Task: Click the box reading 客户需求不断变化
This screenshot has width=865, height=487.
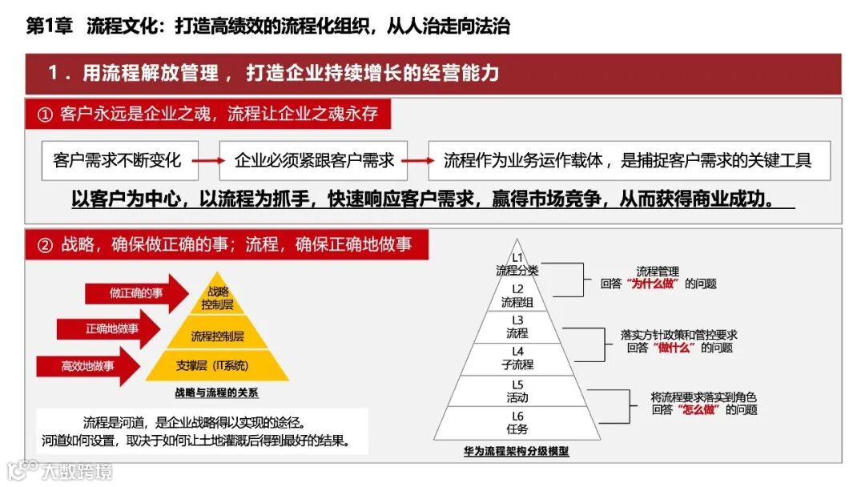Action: point(118,160)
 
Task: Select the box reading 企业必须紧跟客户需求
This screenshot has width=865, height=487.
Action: point(314,160)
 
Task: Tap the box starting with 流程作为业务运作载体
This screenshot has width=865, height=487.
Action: point(629,160)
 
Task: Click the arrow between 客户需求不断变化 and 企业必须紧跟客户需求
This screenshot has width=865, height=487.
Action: point(208,161)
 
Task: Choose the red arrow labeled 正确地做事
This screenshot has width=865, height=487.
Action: point(108,329)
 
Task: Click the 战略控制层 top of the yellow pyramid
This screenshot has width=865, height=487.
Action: point(217,298)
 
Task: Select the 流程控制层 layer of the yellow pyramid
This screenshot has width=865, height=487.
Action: point(217,336)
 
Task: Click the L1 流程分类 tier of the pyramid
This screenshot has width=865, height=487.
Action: point(517,264)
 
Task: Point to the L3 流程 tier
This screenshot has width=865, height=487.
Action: point(517,327)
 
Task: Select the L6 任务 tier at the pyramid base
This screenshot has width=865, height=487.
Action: point(517,423)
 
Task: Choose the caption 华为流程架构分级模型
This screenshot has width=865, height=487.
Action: point(517,451)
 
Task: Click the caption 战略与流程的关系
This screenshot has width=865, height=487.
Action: point(216,393)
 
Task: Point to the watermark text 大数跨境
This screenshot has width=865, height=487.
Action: point(77,470)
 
